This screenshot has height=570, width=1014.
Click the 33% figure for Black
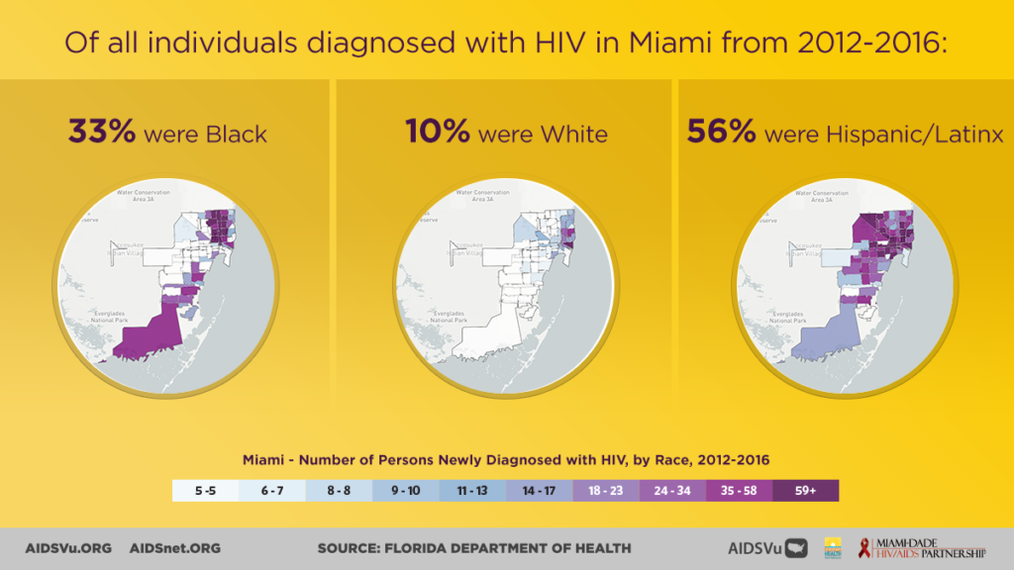coord(101,133)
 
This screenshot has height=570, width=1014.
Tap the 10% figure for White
coord(437,133)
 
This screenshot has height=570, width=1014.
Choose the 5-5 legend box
coord(206,491)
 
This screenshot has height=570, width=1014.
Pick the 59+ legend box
coord(806,491)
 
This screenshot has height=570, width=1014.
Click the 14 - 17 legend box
coord(539,491)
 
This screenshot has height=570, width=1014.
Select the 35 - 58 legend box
coord(740,491)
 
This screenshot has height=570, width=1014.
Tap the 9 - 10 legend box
coord(406,491)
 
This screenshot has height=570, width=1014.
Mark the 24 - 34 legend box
coord(672,491)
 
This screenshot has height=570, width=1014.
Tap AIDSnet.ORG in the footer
coord(175,548)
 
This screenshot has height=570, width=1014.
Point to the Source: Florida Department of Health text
coord(473,548)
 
